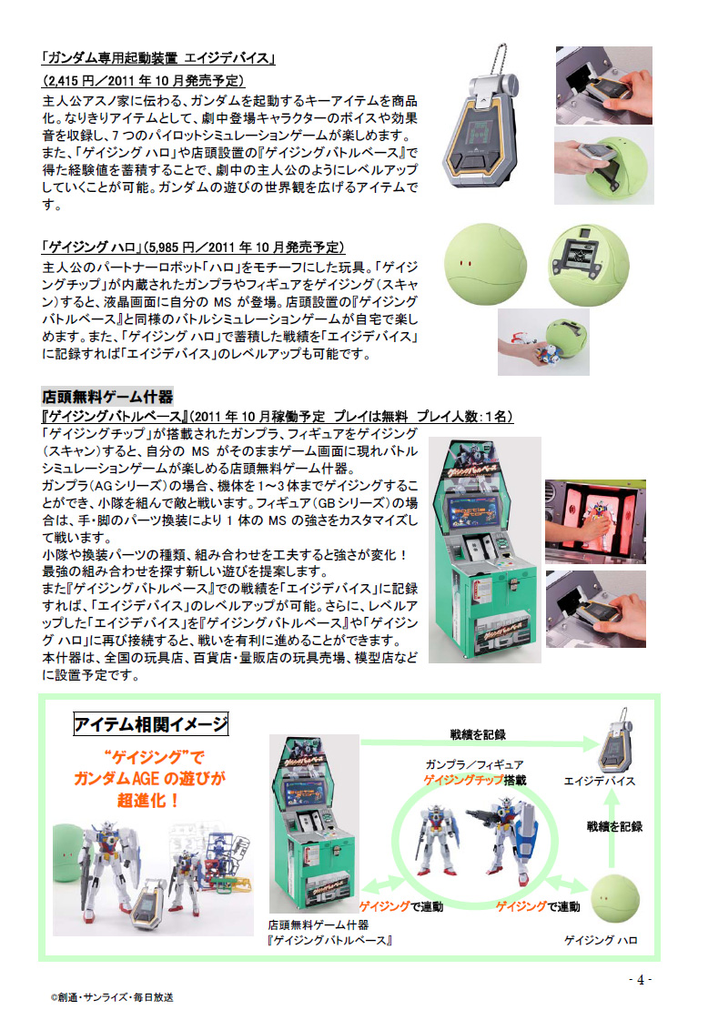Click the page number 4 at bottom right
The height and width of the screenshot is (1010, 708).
641,980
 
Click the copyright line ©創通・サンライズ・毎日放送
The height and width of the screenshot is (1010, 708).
112,997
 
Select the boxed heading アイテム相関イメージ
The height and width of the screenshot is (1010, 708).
151,724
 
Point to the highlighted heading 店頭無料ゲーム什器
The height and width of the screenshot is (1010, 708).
107,396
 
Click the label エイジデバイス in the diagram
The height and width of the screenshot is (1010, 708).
599,781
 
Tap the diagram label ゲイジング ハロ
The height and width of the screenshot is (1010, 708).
601,940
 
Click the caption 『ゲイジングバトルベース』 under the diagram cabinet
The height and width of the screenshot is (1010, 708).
330,941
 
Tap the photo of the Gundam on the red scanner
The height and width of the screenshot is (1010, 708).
595,521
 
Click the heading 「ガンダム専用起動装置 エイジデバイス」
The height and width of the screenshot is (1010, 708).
157,58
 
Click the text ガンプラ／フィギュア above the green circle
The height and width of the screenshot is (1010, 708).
474,764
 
